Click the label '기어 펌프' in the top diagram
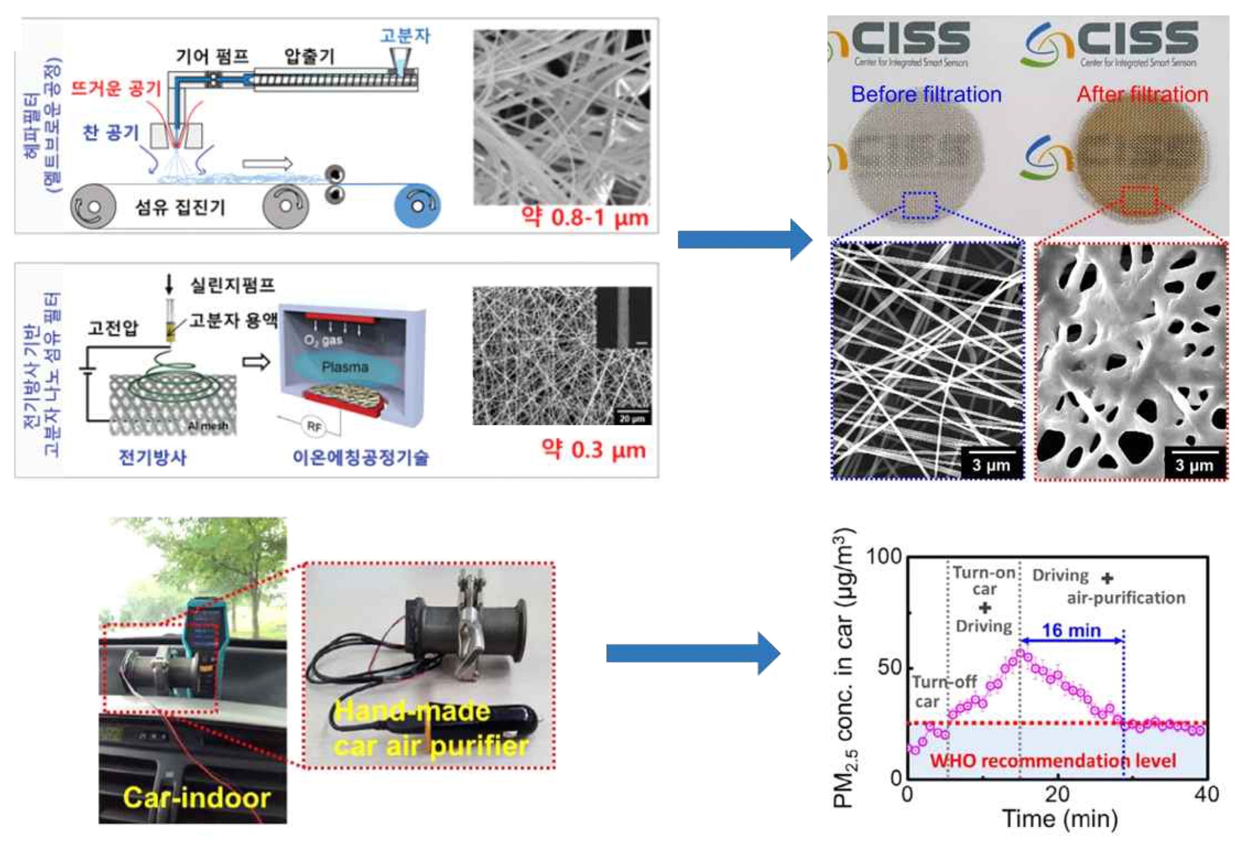(212, 56)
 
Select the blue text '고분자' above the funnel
(405, 35)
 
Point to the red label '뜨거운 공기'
(116, 88)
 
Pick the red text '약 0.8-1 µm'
(585, 218)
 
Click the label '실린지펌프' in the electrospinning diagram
(232, 285)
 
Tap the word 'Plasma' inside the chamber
(345, 367)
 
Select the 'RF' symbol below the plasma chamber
(314, 426)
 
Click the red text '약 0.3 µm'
(593, 450)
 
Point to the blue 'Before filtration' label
(926, 95)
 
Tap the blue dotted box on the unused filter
(919, 205)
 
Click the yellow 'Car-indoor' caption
(197, 797)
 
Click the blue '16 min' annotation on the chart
(1071, 630)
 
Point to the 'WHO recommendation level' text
(1052, 760)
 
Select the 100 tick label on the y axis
(883, 557)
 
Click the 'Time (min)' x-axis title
(1060, 819)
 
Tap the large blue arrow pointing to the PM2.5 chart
(693, 653)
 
